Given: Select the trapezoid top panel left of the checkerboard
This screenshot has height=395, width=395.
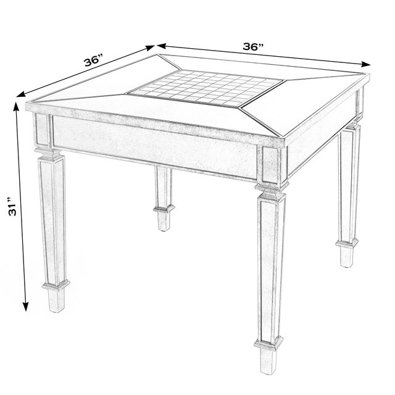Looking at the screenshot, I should click(93, 99).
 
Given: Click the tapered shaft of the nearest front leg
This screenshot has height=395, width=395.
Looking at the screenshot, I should click(269, 265).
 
